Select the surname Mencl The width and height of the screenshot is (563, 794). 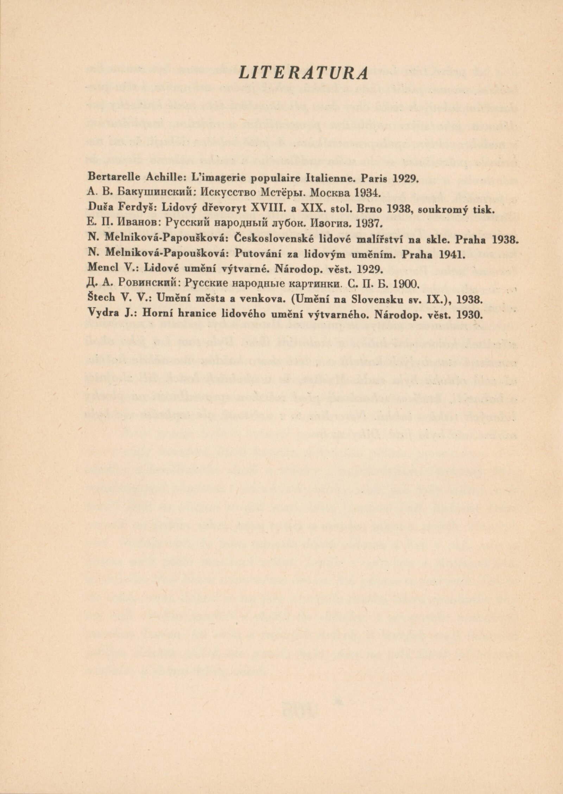[x=101, y=272]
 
